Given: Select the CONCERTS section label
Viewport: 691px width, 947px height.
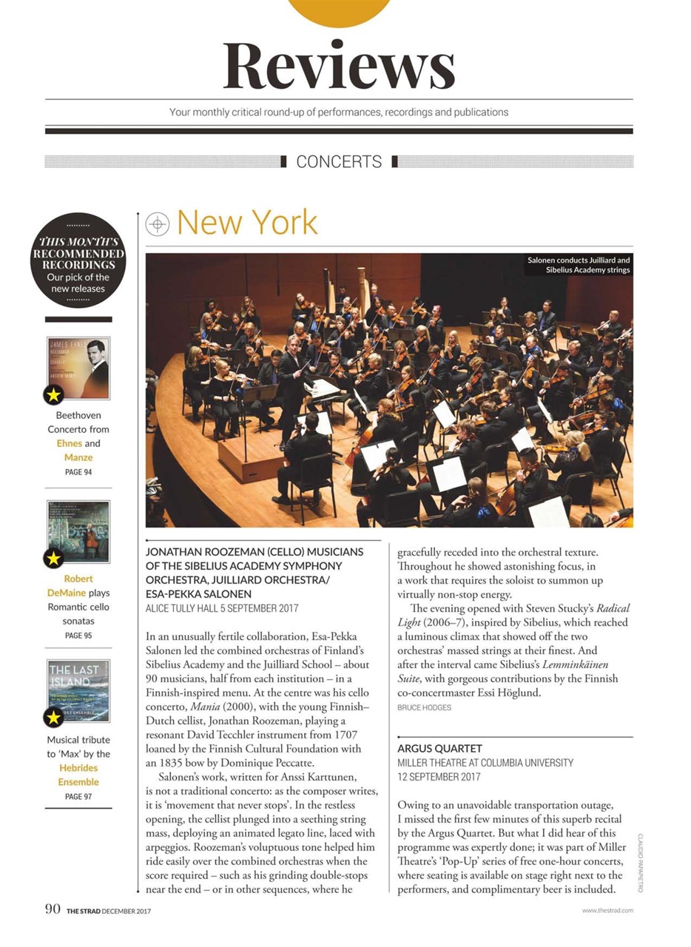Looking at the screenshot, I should point(339,161).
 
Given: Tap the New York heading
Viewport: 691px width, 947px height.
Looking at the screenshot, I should point(247,223).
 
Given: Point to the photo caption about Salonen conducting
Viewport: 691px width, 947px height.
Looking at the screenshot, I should point(578,265).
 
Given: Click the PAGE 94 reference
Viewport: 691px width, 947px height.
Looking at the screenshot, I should point(78,472).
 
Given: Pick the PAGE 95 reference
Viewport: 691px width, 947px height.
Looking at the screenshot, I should point(78,636).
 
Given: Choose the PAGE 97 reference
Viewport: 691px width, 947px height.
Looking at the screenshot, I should point(78,797).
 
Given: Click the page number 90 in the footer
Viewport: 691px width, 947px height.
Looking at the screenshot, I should point(51,909).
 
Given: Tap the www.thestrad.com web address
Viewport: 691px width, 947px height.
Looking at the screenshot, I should point(607,911).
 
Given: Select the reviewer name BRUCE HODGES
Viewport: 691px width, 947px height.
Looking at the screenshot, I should point(424,708).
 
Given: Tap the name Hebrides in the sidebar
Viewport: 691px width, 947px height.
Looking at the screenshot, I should point(78,768).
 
